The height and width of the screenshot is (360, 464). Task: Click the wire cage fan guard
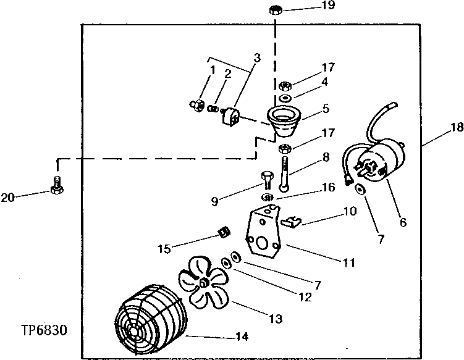coord(151,322)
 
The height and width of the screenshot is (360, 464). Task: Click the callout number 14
coord(242,337)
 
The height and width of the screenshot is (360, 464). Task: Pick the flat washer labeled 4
coord(285,98)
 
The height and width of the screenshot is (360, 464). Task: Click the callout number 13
coord(276,319)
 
